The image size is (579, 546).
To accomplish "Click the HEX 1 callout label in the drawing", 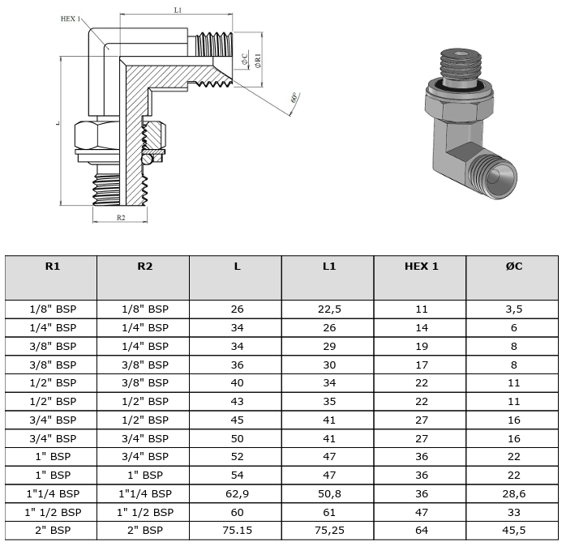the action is pyautogui.click(x=71, y=19).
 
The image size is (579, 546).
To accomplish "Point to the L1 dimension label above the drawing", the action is pyautogui.click(x=178, y=10).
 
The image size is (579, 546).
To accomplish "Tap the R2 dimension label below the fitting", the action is pyautogui.click(x=121, y=218).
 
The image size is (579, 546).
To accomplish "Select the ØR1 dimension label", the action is pyautogui.click(x=258, y=61).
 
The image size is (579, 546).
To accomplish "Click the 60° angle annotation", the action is pyautogui.click(x=294, y=98).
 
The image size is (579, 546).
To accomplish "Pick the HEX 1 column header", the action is pyautogui.click(x=422, y=267).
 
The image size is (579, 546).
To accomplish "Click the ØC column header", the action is pyautogui.click(x=514, y=267).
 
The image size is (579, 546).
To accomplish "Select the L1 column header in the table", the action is pyautogui.click(x=329, y=267).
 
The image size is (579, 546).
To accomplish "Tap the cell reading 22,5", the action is pyautogui.click(x=329, y=309).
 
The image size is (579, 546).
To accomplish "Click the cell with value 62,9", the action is pyautogui.click(x=237, y=493).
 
